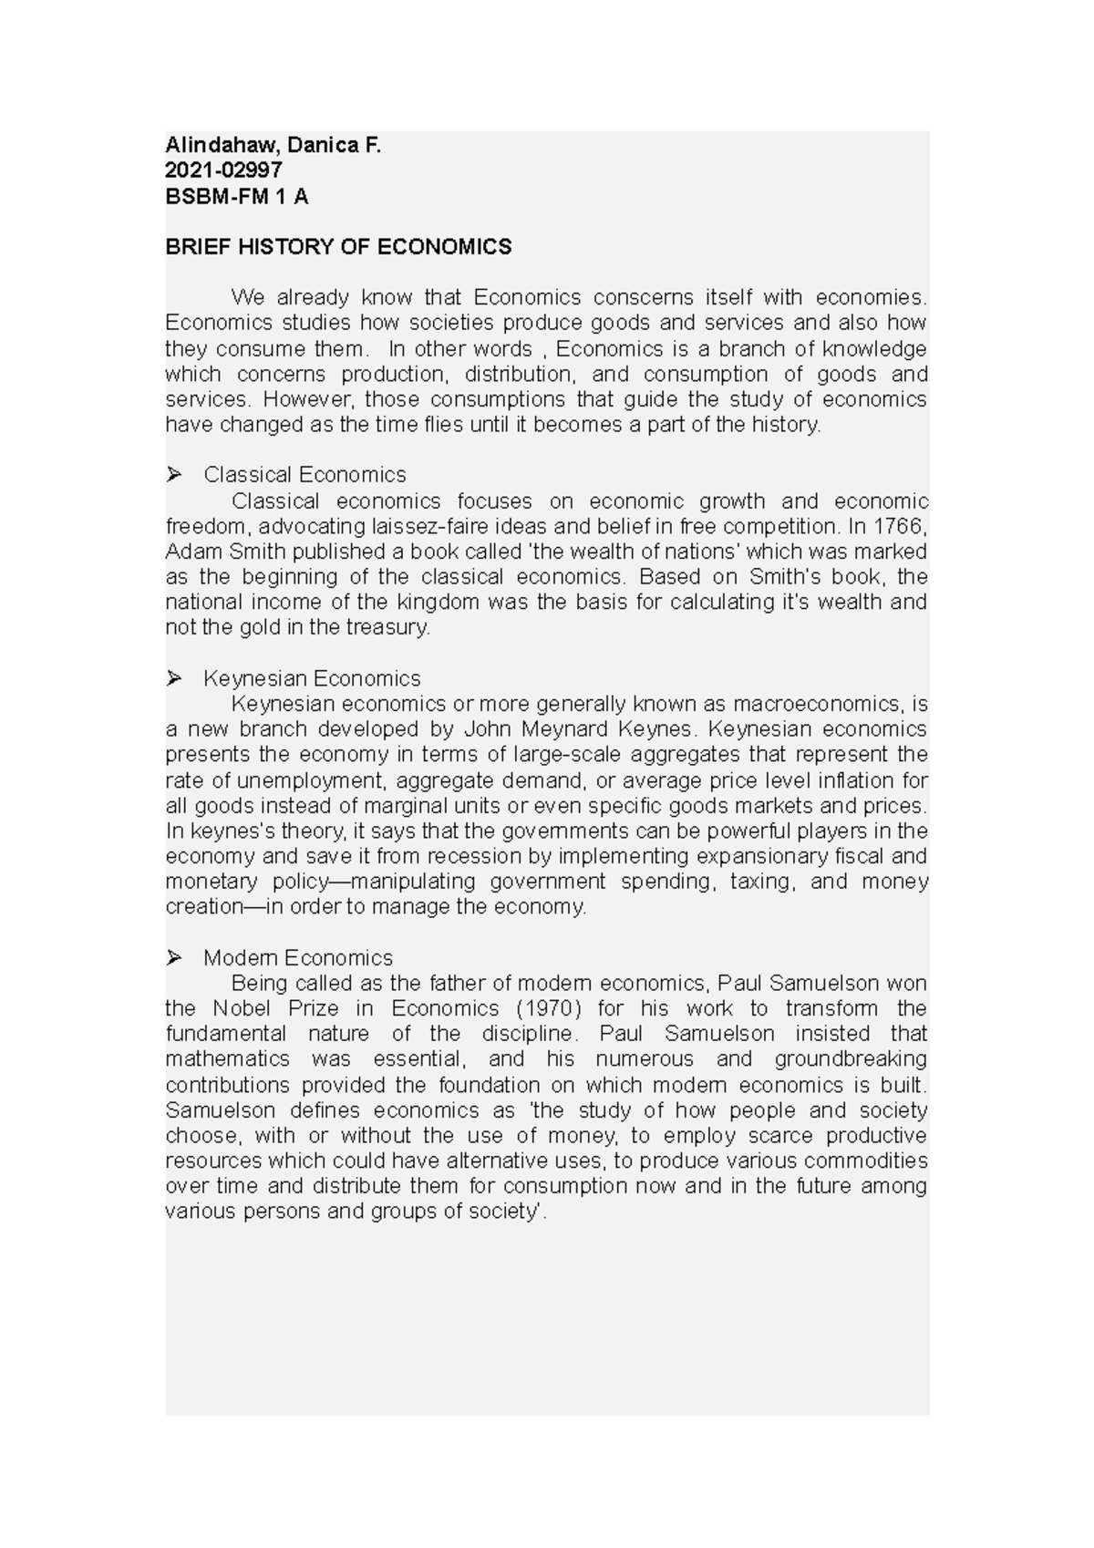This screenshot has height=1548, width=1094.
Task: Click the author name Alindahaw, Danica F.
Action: pos(272,144)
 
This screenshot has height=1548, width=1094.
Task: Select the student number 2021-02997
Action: pos(223,170)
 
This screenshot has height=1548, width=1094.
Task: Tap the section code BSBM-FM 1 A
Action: pos(236,196)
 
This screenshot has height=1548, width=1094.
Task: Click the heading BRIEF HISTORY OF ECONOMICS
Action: pos(338,247)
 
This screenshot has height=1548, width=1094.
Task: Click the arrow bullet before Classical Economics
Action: pos(173,474)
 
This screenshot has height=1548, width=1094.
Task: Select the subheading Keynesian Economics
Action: pos(312,678)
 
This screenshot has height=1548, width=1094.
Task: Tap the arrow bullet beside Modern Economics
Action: pos(173,957)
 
